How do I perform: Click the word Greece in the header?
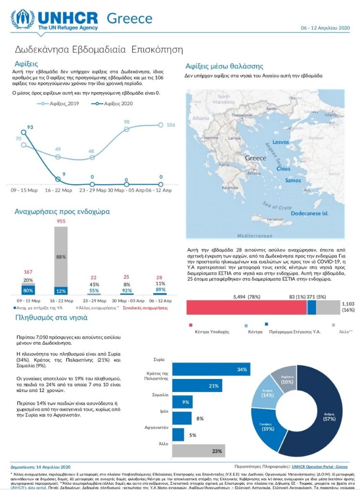point(129,19)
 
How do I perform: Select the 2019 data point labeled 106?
point(161,125)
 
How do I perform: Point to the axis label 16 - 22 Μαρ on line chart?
point(58,190)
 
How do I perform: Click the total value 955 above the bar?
point(61,222)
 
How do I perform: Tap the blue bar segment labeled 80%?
point(28,290)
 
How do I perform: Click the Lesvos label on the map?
point(281,142)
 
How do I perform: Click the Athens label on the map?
point(254,174)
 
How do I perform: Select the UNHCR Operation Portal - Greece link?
point(319,466)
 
